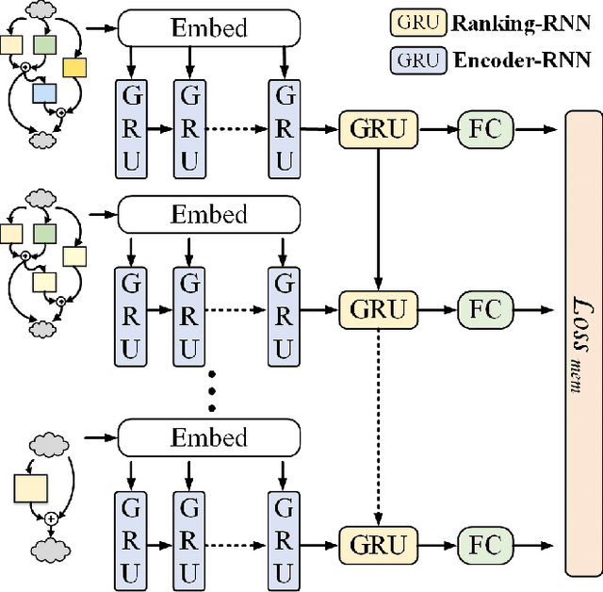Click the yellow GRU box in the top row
coord(378,128)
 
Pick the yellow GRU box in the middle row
coord(378,308)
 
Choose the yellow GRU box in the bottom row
coord(378,544)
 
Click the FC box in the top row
coord(485,128)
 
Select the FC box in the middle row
coord(485,308)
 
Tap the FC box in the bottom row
coord(485,544)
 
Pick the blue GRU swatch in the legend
coord(417,60)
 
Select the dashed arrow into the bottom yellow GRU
coord(378,424)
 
